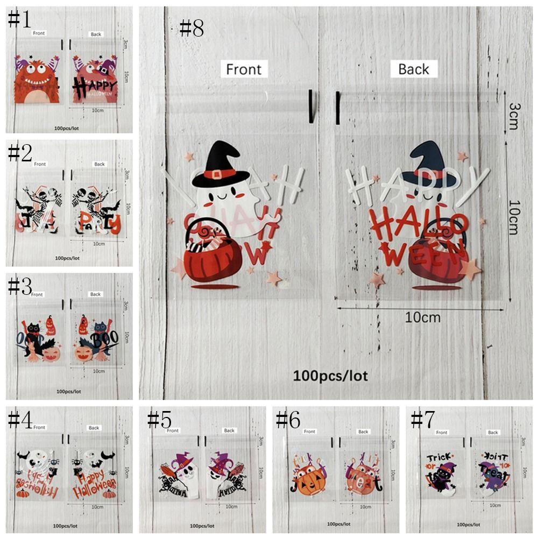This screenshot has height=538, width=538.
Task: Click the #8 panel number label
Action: pos(192,28)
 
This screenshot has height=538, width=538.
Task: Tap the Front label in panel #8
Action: pos(244,69)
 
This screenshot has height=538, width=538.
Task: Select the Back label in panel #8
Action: pos(413,69)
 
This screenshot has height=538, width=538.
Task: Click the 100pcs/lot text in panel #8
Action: pos(330,375)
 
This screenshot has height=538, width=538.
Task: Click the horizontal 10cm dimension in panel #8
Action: pos(422,317)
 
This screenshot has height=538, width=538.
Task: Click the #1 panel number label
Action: pos(19,20)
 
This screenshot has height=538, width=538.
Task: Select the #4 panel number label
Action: pos(19,420)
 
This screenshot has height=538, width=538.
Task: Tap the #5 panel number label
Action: pos(159,420)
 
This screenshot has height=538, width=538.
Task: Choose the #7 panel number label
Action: pos(422,420)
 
